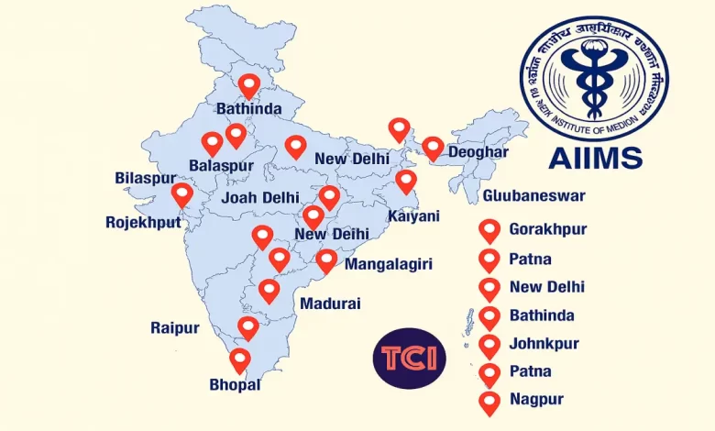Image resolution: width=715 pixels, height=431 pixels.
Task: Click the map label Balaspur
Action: pyautogui.click(x=220, y=166)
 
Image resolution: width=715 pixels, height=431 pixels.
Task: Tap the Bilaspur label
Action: pyautogui.click(x=145, y=177)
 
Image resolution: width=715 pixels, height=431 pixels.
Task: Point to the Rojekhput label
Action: pyautogui.click(x=143, y=222)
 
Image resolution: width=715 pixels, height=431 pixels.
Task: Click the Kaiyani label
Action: pyautogui.click(x=413, y=216)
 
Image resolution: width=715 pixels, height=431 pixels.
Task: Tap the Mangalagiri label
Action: pyautogui.click(x=389, y=264)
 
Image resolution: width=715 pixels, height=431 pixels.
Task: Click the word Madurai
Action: pyautogui.click(x=330, y=304)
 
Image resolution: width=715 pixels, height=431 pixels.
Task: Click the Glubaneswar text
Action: pyautogui.click(x=533, y=195)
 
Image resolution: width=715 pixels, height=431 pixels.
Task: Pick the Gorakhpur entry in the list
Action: pyautogui.click(x=548, y=229)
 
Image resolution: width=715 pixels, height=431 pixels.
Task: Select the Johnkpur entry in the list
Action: pyautogui.click(x=544, y=345)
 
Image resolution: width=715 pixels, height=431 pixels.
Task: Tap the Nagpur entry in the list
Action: pyautogui.click(x=536, y=399)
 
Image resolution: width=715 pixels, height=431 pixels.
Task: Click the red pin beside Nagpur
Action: pyautogui.click(x=489, y=402)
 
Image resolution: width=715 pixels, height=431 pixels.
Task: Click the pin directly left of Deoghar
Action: pyautogui.click(x=433, y=148)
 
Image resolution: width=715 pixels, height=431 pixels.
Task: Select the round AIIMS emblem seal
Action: pyautogui.click(x=594, y=78)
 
